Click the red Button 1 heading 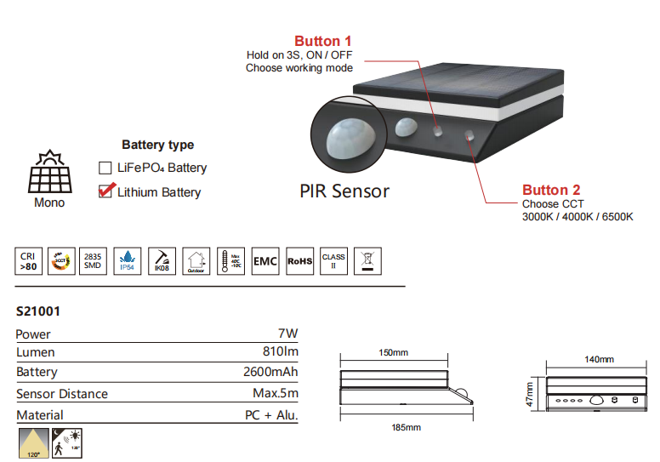point(322,41)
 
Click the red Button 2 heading point(551,190)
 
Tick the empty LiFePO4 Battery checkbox point(105,168)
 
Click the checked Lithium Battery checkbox point(105,191)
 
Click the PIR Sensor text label point(344,191)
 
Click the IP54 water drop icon point(127,260)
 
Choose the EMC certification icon point(265,260)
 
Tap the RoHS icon point(299,260)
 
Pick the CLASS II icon point(333,260)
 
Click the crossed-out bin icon point(368,260)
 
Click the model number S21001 point(37,311)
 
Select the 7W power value point(288,334)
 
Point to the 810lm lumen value point(280,352)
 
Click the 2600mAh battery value point(270,372)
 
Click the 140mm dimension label point(600,359)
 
